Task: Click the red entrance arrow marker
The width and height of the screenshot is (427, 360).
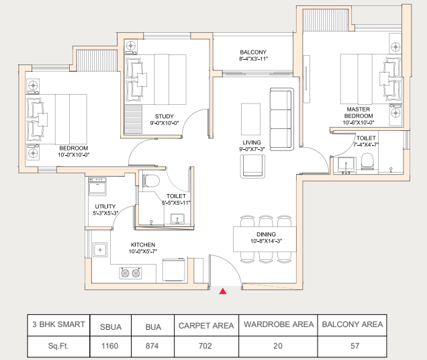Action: coord(223,291)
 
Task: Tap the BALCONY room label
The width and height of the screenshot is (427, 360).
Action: coord(253,52)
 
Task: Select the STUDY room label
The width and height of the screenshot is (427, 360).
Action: coord(164,116)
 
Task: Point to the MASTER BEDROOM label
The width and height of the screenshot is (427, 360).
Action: coord(359,113)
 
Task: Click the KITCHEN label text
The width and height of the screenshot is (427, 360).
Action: coord(143,244)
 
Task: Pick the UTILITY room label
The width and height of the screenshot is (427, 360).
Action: coord(105,207)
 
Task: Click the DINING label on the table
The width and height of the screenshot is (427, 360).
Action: coord(266,234)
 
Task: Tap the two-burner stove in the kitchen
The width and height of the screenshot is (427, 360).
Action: coord(130,273)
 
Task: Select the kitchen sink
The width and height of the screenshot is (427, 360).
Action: coord(100,250)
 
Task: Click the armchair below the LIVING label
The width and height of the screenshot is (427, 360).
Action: coord(252,167)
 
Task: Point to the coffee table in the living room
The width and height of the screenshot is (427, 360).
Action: coord(250,119)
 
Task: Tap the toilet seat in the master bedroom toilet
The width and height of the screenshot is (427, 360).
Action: coord(367,161)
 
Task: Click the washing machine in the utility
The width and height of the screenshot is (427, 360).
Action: coord(97,186)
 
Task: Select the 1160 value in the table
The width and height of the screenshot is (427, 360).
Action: coord(109,346)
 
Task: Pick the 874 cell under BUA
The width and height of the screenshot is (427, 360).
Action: coord(152,346)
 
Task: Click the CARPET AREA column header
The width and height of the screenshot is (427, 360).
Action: coord(206,326)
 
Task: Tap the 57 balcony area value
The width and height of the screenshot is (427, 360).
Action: coord(355,346)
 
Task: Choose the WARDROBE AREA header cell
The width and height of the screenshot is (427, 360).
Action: coord(279,324)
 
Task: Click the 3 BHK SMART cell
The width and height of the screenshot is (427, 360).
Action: coord(58,324)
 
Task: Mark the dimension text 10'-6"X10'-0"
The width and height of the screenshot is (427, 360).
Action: coord(359,123)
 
